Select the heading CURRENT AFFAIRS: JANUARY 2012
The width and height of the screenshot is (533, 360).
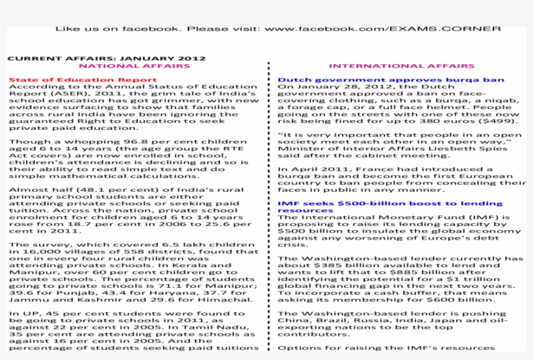107,58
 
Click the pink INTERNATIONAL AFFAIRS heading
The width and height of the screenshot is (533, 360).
401,66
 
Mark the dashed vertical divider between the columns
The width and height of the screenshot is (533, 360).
268,208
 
